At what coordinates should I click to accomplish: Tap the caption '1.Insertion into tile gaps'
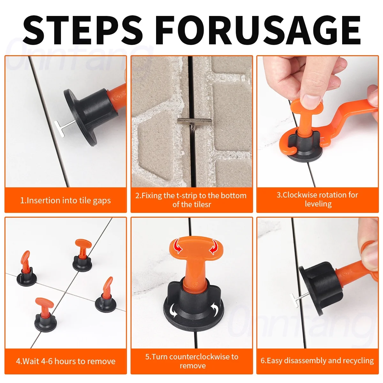[65, 200]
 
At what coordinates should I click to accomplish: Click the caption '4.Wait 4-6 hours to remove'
[65, 361]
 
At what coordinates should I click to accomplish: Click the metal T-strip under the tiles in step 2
[194, 122]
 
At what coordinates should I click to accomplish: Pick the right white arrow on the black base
[215, 309]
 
